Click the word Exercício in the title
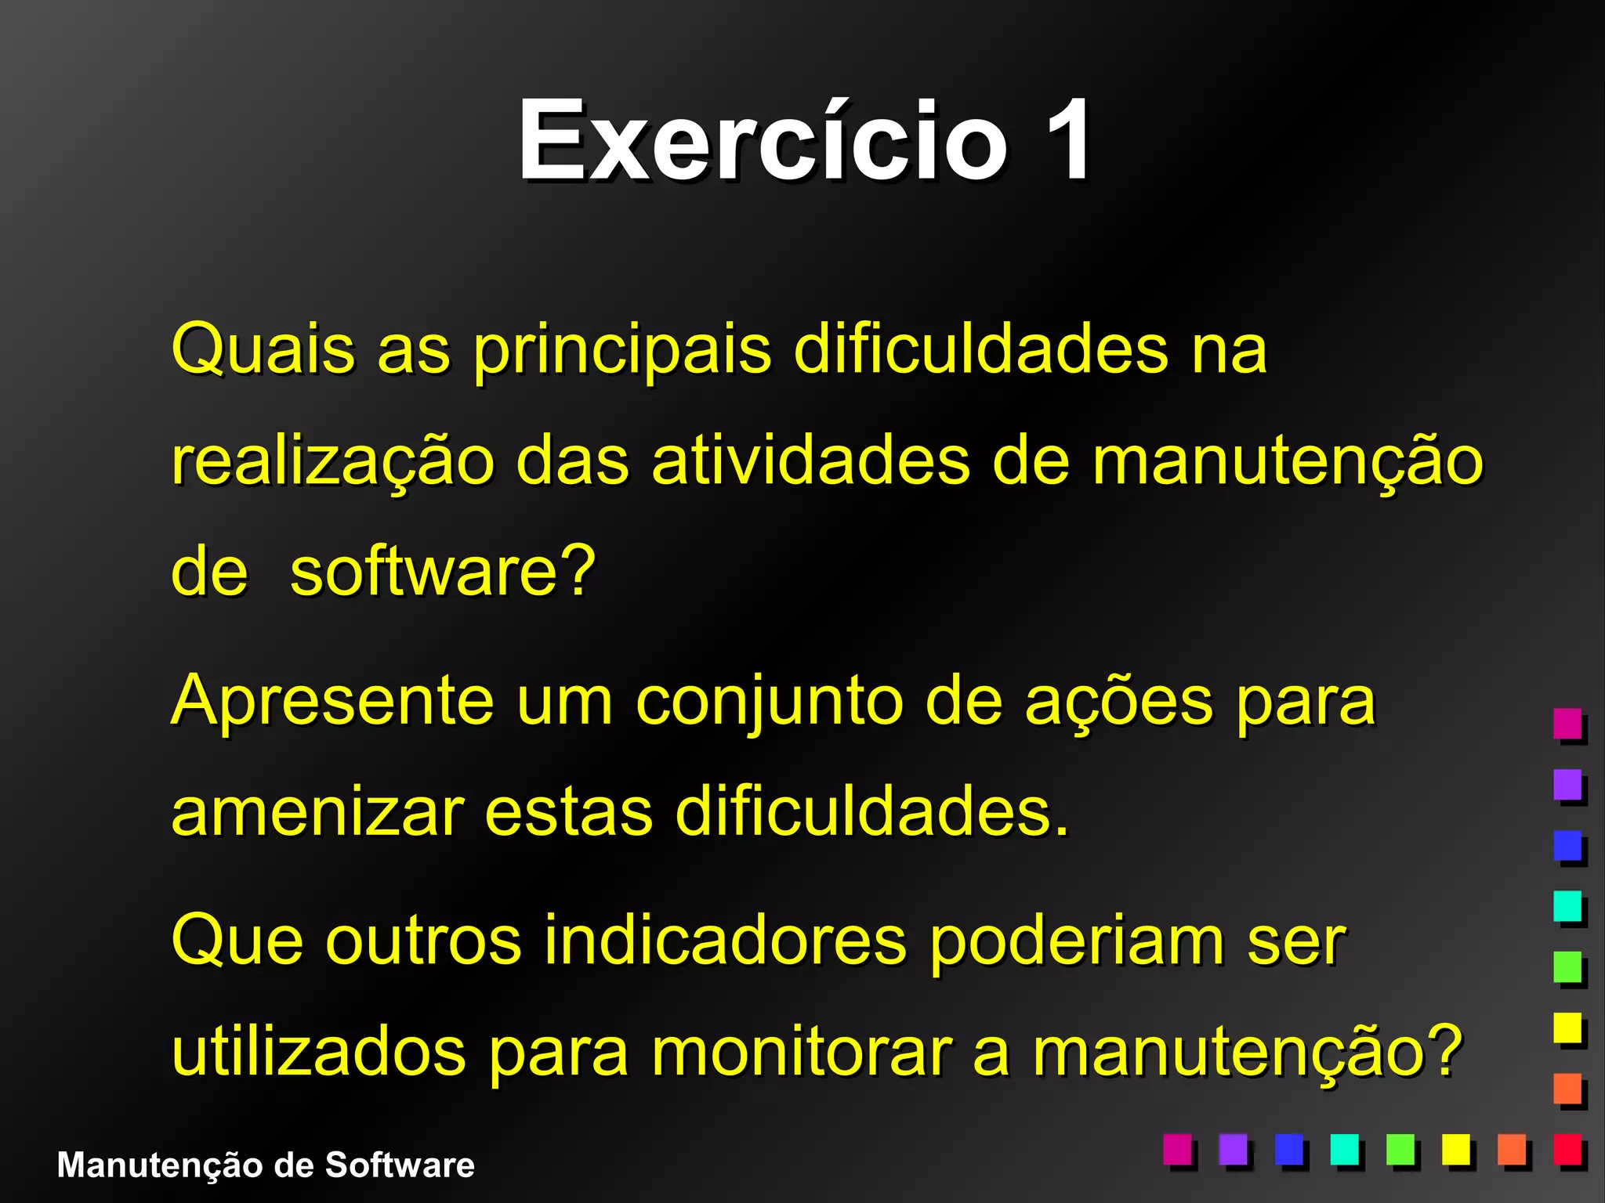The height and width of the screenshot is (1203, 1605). click(762, 141)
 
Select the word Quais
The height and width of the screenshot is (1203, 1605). click(263, 349)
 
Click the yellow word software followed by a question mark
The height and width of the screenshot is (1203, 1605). click(444, 572)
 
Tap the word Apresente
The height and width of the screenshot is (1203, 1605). click(333, 701)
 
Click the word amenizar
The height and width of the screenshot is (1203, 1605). click(318, 813)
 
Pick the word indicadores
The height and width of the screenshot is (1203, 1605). click(725, 940)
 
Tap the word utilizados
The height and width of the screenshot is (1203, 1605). click(318, 1052)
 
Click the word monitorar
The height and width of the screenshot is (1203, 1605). click(802, 1052)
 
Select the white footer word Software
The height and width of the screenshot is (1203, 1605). click(400, 1165)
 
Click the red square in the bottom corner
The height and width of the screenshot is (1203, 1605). click(1568, 1150)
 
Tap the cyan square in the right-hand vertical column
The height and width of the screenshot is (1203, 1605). click(1568, 906)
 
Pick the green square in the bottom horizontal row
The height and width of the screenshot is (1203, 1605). click(1400, 1150)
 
